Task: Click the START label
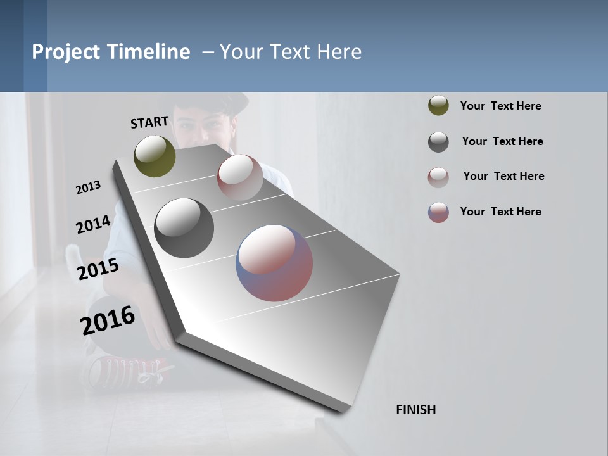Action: [149, 122]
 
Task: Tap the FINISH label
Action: [416, 410]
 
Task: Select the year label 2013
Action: [89, 187]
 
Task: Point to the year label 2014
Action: [93, 225]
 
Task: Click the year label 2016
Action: [108, 320]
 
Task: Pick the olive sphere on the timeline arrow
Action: [155, 156]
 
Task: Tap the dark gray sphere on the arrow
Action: [184, 228]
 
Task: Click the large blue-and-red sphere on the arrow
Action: [274, 263]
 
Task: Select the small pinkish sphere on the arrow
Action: [240, 177]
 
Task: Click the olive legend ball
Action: [438, 106]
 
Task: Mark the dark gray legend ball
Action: [438, 142]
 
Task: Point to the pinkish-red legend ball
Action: [438, 177]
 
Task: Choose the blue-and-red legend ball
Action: [438, 212]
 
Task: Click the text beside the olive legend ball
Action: [500, 106]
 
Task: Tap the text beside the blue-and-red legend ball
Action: [500, 212]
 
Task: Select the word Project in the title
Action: [66, 52]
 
